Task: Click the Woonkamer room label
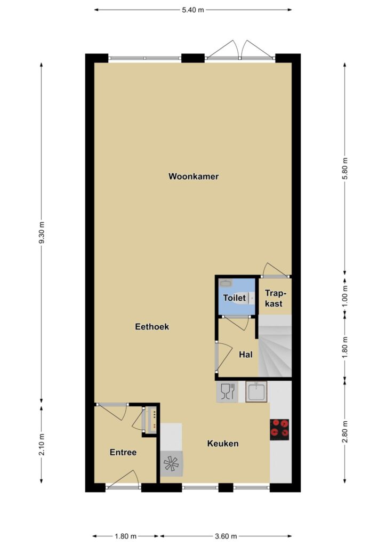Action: (194, 176)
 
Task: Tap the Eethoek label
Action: (152, 327)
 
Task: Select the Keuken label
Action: (223, 443)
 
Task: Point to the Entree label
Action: (123, 452)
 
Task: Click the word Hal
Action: (245, 355)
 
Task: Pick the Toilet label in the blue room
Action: (235, 298)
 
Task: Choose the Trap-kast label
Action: (274, 298)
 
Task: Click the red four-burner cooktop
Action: (279, 428)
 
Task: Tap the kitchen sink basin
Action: (256, 392)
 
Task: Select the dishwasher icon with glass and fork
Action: (227, 392)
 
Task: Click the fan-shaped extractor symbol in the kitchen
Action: (171, 463)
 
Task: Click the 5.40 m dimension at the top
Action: (193, 10)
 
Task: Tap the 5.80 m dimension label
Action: (345, 168)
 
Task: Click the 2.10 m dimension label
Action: (42, 444)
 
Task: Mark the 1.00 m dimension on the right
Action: (345, 295)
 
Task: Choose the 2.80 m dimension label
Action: (345, 431)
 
